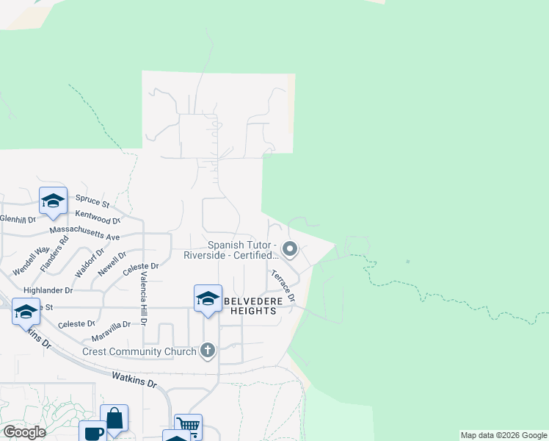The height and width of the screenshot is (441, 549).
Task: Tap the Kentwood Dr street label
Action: tap(98, 217)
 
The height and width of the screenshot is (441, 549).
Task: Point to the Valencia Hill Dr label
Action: tap(144, 298)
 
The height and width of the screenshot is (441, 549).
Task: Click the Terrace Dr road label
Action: tap(283, 286)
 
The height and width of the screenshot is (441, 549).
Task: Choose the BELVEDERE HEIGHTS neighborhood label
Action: tap(250, 306)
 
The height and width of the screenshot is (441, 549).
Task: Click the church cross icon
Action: tap(208, 351)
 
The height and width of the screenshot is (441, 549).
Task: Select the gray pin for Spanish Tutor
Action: tap(290, 250)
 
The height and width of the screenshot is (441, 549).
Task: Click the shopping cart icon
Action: tap(188, 426)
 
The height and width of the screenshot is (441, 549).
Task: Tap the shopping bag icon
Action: tap(114, 417)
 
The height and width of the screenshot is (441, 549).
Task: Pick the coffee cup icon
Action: tap(93, 432)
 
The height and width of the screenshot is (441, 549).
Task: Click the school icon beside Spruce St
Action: tap(53, 200)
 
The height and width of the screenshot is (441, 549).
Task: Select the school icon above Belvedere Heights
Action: tap(208, 298)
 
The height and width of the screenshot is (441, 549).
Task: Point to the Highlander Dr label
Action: tap(49, 290)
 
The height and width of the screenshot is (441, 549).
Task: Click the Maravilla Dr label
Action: tap(112, 323)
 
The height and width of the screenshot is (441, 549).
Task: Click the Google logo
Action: tap(24, 432)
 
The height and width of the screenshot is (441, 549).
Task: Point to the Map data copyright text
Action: tap(503, 435)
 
